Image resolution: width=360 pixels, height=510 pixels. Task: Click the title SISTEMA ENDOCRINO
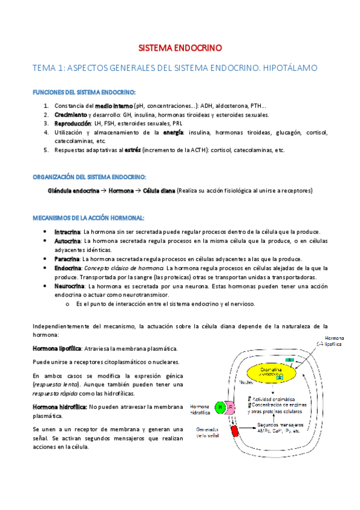(180, 46)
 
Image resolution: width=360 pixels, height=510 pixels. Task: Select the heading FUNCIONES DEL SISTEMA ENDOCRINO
(84, 92)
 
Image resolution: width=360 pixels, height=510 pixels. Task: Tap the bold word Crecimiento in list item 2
(70, 115)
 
